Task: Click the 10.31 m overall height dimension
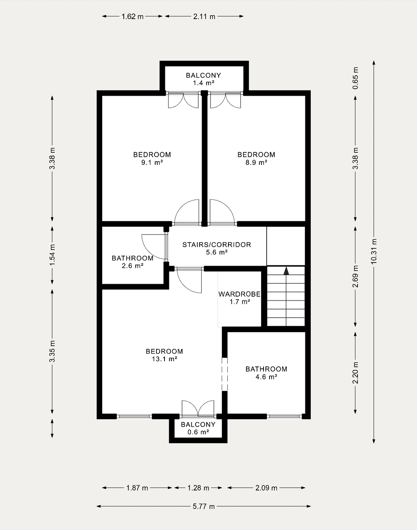point(374,252)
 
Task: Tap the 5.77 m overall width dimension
point(204,506)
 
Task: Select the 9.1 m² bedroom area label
point(152,158)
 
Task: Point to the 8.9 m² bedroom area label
point(256,158)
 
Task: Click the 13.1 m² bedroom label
point(165,355)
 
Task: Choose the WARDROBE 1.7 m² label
point(239,298)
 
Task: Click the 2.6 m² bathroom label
point(133,262)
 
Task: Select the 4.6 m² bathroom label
point(266,372)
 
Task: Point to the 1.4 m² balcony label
point(204,79)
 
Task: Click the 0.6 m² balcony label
point(198,428)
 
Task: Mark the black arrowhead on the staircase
point(286,271)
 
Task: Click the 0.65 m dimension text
point(355,78)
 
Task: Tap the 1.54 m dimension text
point(52,255)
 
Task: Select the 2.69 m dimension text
point(355,276)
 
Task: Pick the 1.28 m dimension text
point(198,488)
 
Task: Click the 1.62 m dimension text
point(132,17)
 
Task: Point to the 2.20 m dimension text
point(355,373)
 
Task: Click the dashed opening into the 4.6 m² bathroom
point(224,374)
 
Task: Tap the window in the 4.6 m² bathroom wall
point(285,416)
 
